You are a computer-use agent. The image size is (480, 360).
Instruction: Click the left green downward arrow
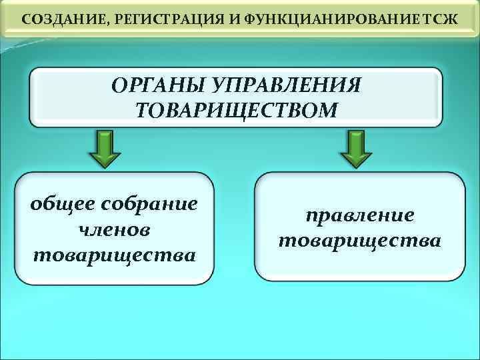[x=105, y=148]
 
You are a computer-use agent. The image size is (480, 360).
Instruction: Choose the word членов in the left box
[x=113, y=229]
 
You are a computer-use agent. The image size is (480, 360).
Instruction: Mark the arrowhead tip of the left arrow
[x=105, y=165]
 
